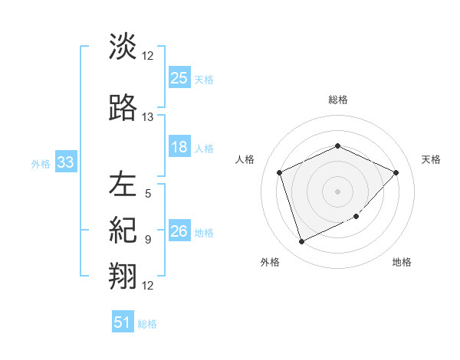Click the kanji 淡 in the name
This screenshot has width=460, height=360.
123,47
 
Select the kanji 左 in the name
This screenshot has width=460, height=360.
123,184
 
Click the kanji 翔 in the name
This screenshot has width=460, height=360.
123,274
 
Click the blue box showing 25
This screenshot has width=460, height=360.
179,78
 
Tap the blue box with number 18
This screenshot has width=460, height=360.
179,148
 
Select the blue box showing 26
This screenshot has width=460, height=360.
179,232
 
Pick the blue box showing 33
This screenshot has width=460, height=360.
64,163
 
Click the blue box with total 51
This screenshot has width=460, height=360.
123,323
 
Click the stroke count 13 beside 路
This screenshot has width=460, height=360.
148,117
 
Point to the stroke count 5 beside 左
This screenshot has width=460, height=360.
148,194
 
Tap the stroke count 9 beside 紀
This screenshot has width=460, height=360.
148,239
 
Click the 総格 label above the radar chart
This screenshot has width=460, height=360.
338,100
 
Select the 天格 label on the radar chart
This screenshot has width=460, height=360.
431,159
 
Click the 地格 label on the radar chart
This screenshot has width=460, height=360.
402,262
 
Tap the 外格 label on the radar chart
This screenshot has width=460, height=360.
270,262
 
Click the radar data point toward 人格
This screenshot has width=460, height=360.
280,172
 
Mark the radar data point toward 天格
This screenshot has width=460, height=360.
396,172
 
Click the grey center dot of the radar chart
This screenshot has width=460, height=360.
337,191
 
